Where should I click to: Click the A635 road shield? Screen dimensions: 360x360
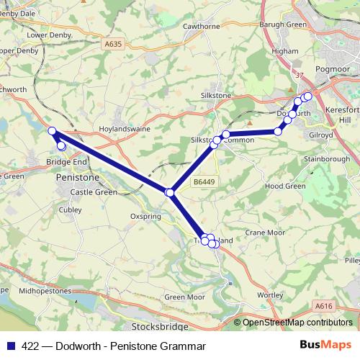[112, 44]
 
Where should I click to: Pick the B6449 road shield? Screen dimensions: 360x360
[203, 183]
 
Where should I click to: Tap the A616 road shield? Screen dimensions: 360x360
[324, 306]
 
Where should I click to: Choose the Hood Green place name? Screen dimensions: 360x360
[285, 185]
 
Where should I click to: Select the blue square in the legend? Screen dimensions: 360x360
[10, 346]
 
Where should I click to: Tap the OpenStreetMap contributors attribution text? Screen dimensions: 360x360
[297, 323]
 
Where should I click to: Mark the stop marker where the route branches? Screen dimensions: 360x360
[170, 192]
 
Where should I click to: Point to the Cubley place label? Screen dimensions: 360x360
[71, 210]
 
